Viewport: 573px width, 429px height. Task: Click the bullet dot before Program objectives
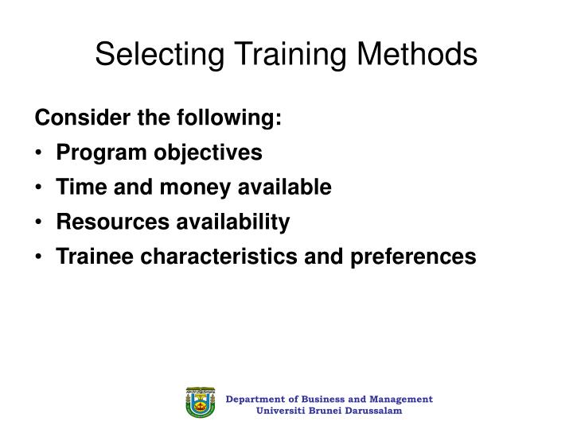[40, 153]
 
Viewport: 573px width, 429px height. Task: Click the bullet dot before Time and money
[40, 188]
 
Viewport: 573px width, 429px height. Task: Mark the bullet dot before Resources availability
[40, 222]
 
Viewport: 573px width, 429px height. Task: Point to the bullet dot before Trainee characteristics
[40, 257]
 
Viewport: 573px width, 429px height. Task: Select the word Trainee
[89, 257]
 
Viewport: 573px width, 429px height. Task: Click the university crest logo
[200, 404]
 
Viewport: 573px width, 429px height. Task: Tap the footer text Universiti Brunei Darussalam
[329, 411]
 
